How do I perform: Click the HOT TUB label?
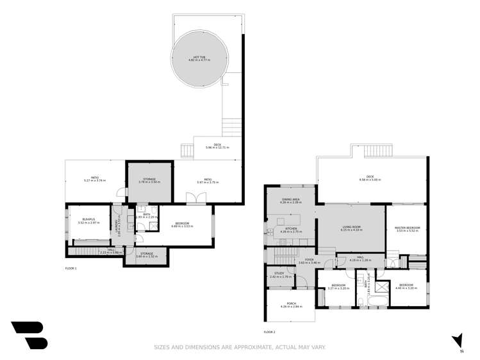click(x=196, y=58)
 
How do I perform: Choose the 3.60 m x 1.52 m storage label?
click(x=146, y=255)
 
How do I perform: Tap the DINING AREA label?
click(x=291, y=202)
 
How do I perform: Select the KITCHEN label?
click(x=291, y=230)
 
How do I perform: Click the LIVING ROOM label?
click(x=351, y=228)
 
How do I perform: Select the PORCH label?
click(x=290, y=306)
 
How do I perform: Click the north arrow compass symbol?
click(x=456, y=340)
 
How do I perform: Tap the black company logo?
click(x=29, y=335)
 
